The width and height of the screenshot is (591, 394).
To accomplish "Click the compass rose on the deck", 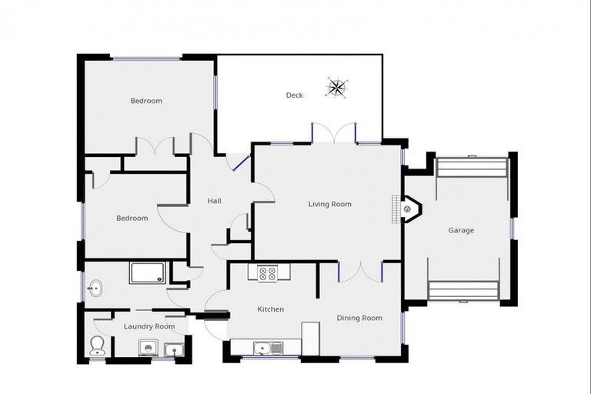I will click(x=336, y=87).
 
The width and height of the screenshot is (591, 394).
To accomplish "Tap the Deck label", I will click(x=294, y=95).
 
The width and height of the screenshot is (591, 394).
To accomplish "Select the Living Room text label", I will click(x=329, y=204).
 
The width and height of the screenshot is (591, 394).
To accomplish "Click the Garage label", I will click(x=461, y=230).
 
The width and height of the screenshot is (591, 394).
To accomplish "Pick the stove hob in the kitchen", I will click(x=267, y=272).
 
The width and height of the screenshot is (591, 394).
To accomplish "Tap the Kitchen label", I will click(x=270, y=309).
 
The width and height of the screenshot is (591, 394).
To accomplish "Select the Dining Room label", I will click(x=359, y=318).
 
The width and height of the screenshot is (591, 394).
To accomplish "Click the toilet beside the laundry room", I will click(x=97, y=346).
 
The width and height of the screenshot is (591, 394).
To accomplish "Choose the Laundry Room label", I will click(x=149, y=326).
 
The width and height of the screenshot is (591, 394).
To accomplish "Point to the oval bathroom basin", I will click(x=95, y=289).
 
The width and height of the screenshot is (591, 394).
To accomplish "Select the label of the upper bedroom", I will click(x=145, y=101).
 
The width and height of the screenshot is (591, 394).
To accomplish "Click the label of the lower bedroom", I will click(x=132, y=218).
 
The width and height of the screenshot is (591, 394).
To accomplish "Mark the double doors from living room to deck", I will click(x=334, y=132).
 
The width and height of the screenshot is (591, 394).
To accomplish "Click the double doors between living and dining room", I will click(x=360, y=272).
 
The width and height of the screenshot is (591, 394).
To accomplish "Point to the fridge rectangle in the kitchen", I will click(x=310, y=339).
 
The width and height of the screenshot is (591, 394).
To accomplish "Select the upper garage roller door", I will click(x=472, y=167).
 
